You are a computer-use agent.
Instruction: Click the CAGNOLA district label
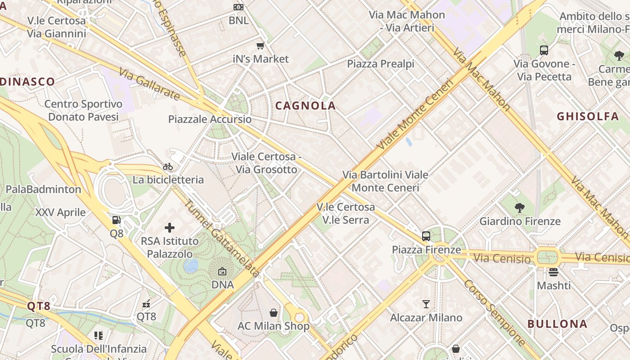tap(306, 106)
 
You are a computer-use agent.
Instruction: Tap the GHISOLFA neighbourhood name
tap(588, 117)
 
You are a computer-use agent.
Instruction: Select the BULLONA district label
tap(558, 324)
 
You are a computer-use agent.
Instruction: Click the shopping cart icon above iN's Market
tap(260, 45)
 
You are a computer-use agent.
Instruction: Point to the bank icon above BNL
tap(238, 7)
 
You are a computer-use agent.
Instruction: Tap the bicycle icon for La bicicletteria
tap(168, 166)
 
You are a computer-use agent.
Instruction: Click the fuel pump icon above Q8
tap(116, 220)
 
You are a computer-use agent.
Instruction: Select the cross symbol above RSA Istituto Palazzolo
tap(170, 228)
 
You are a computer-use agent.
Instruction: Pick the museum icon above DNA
tap(222, 271)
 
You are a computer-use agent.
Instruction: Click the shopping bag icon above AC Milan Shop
tap(273, 313)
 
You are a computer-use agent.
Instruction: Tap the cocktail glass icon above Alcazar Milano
tap(426, 304)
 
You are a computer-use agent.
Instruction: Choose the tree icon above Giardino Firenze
tap(520, 208)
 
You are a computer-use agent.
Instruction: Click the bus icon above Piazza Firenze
tap(426, 236)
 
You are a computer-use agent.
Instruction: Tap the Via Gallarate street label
tap(149, 84)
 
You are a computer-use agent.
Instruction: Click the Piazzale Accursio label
tap(210, 119)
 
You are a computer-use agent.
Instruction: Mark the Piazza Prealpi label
tap(380, 64)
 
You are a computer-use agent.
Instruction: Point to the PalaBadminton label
tap(43, 189)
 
